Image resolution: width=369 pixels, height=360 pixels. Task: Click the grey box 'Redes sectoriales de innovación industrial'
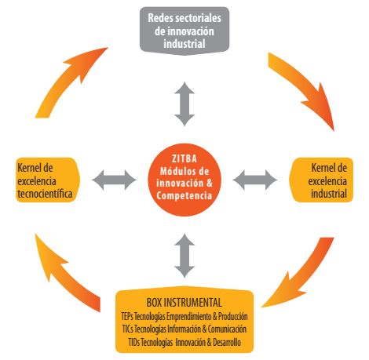pos(184,31)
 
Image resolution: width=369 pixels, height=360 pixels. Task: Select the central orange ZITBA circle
pos(184,180)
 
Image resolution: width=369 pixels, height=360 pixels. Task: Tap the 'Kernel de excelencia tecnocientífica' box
pos(48,180)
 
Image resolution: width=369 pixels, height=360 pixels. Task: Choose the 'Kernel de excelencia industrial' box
pos(321,180)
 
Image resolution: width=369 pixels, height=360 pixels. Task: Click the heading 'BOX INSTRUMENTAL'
pos(184,303)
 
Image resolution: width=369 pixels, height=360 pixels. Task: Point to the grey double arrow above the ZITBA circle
pos(184,104)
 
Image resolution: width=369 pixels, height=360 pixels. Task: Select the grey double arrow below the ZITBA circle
pos(184,256)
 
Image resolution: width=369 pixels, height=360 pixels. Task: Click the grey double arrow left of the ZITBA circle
pos(114,180)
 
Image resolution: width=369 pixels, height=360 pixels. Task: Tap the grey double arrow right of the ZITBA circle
pos(255,180)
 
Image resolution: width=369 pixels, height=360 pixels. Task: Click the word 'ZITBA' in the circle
pos(184,158)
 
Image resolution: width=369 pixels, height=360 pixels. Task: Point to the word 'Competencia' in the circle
pos(184,195)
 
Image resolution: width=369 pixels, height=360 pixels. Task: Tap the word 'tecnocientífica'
pos(45,194)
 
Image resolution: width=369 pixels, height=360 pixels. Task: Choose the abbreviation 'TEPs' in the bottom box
pos(127,316)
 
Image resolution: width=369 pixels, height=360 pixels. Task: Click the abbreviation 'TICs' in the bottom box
pos(128,329)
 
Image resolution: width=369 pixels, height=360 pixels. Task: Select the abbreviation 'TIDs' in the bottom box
pos(134,342)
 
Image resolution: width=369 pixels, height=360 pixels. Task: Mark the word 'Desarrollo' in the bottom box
pos(227,342)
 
